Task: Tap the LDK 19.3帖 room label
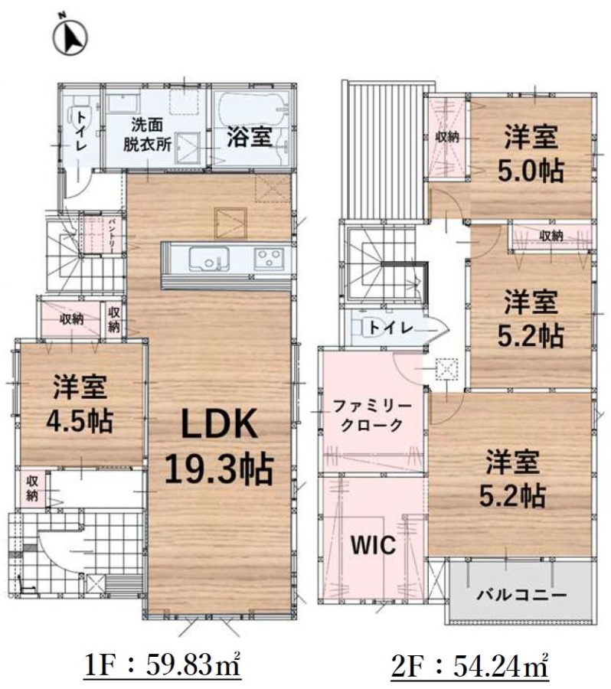pos(219,446)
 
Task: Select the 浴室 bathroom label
pos(250,137)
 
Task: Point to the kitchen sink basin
pos(208,260)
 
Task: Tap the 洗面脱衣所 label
pos(147,135)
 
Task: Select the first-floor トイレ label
pos(81,131)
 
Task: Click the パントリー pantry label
pos(111,235)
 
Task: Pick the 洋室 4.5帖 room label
pos(80,403)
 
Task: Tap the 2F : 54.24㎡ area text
pos(470,666)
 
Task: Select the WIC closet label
pos(373,545)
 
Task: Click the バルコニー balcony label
pos(521,596)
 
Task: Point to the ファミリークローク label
pos(372,416)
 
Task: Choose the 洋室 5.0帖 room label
pos(531,153)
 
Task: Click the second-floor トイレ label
pos(390,328)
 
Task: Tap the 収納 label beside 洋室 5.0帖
pos(447,137)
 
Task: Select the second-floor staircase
pos(381,263)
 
